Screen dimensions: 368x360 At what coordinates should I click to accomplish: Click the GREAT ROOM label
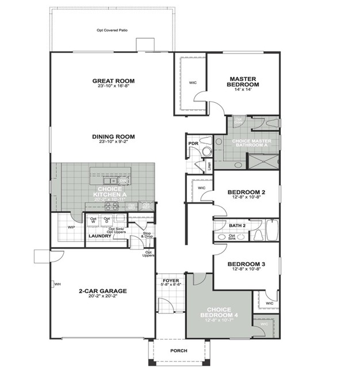pyautogui.click(x=113, y=80)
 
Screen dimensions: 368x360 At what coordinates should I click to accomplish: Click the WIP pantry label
pyautogui.click(x=71, y=227)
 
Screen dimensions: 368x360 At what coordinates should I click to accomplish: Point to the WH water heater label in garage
pyautogui.click(x=58, y=283)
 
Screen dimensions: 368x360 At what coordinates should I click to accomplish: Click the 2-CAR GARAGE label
pyautogui.click(x=103, y=291)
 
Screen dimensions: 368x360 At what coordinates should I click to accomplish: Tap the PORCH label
pyautogui.click(x=179, y=351)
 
